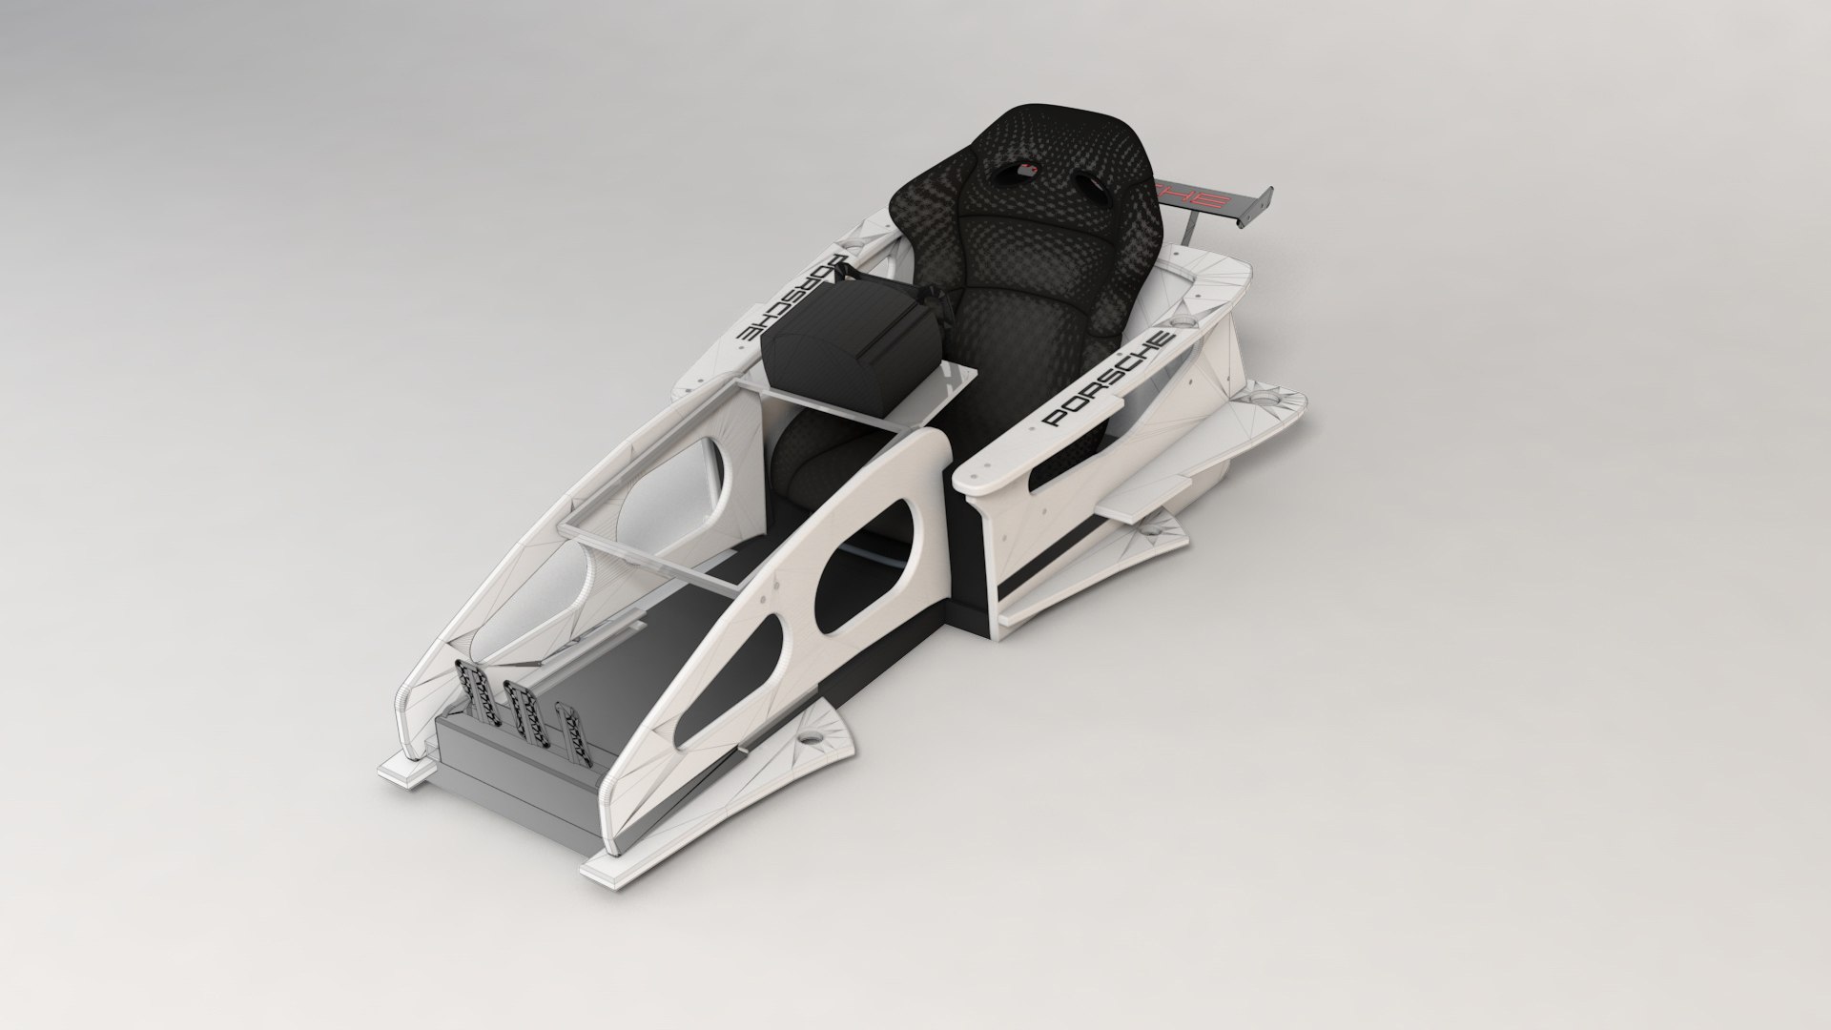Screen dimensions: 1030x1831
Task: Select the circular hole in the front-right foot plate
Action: pos(813,737)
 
